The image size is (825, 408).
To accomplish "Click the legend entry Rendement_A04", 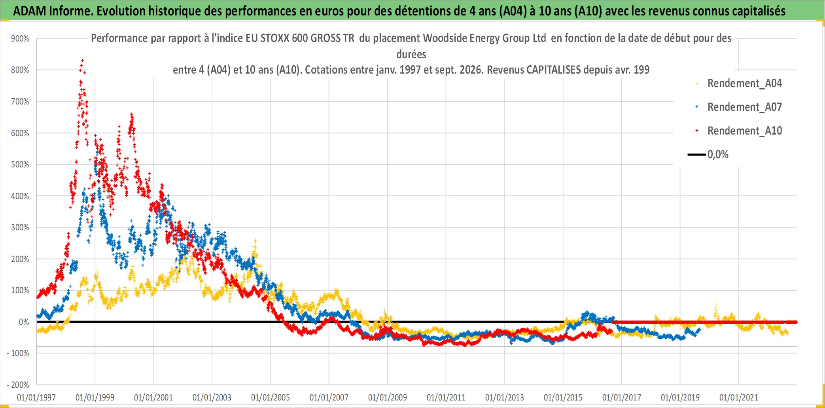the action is tap(744, 83).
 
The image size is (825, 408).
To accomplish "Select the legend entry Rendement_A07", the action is tap(744, 107).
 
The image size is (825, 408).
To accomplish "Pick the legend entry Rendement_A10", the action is tap(744, 131).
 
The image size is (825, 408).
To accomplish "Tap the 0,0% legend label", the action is tap(718, 154).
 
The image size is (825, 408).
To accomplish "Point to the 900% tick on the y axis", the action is tap(20, 39).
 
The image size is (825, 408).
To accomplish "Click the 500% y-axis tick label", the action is tap(20, 165).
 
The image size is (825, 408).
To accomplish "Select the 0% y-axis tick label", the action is tap(24, 322).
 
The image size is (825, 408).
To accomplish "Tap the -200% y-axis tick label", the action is tap(18, 385).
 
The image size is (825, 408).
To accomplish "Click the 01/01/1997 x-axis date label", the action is tap(36, 397).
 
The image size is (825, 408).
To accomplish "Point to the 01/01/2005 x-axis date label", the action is tap(271, 397).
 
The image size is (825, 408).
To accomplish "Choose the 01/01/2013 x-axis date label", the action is tap(505, 397).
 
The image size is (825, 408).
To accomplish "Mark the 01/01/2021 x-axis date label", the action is tap(739, 397).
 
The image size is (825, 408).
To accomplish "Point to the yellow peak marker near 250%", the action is tap(255, 241).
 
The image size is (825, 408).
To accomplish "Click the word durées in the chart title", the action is tap(411, 54).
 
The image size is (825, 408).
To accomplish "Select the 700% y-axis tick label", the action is tap(20, 102).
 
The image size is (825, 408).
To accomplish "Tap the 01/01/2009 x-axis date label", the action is tap(388, 397).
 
